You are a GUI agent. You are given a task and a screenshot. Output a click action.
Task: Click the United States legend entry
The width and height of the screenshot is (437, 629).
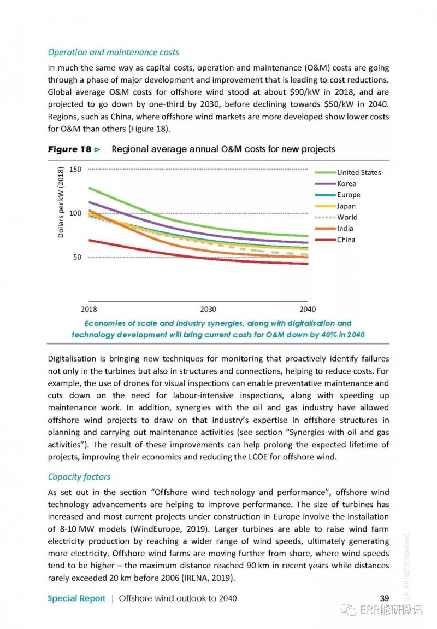coord(347,172)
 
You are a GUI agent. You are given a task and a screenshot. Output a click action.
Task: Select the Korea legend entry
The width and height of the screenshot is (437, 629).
coord(335,184)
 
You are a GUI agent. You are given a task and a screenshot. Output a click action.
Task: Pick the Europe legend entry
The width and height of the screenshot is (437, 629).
coord(338,195)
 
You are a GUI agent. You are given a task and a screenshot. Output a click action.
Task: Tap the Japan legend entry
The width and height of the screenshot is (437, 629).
coord(335,206)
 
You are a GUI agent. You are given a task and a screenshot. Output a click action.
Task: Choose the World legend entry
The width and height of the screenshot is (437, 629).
coord(336,218)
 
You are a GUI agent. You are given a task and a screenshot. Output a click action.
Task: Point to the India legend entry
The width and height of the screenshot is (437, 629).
coord(334,229)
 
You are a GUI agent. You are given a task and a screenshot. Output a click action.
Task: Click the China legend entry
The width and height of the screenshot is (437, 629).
coord(335,240)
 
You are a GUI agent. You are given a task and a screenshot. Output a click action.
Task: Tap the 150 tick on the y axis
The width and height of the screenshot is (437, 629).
coord(75,170)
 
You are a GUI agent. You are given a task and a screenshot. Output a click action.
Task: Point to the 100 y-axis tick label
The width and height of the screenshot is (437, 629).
coord(75,213)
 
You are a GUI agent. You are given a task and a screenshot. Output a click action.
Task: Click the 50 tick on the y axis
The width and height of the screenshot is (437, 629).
coord(78,257)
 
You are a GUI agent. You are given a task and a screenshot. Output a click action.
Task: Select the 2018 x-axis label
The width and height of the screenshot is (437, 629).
coord(88,309)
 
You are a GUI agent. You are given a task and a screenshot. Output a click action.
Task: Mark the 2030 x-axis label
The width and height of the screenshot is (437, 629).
coord(208,309)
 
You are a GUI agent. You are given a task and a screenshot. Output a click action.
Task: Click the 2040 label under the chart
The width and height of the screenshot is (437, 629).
coord(308,309)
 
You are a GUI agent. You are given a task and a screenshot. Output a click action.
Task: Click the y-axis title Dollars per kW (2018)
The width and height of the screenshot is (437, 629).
coord(61,202)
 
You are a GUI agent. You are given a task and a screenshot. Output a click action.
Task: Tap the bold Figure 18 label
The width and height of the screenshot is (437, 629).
coord(70,149)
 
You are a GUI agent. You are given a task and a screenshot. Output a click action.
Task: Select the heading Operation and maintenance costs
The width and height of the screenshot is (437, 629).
coord(114,53)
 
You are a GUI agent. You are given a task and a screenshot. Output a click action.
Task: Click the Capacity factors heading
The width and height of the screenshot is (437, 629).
coord(79,477)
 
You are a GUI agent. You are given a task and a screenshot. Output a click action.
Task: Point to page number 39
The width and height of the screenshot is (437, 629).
coord(385,598)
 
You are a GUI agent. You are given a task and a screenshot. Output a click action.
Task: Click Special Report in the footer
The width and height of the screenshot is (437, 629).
coord(76,598)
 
